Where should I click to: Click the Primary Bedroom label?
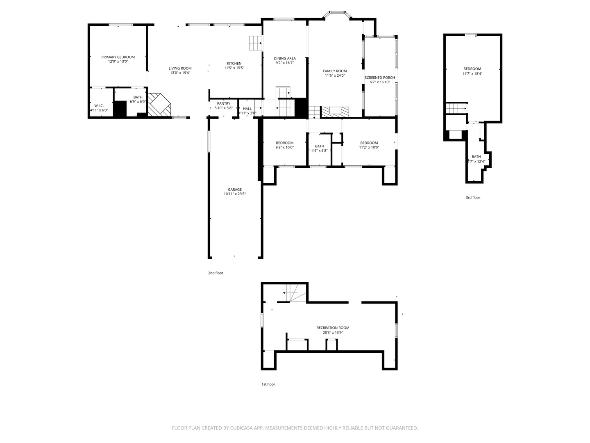pos(118,57)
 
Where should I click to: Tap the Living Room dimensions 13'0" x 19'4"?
pos(180,73)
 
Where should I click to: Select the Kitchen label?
pos(234,64)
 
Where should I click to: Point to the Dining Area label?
pos(285,58)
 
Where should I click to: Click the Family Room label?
pos(335,71)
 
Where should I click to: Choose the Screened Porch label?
pos(380,78)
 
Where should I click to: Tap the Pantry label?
pos(224,103)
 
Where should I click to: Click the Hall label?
pos(247,109)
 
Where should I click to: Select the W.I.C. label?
pos(99,106)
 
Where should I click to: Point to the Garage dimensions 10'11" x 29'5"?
pos(235,194)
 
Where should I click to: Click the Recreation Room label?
pos(333,328)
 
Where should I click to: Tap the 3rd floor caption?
pos(473,197)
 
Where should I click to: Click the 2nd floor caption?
pos(216,273)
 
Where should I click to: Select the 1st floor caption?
pos(268,384)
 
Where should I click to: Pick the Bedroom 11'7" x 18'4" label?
pos(472,69)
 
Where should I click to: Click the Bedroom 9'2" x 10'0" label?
pos(285,143)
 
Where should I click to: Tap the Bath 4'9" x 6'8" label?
pos(320,146)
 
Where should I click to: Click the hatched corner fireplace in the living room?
pos(159,105)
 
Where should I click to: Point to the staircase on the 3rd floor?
pos(456,108)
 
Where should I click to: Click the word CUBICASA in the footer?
pos(241,428)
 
